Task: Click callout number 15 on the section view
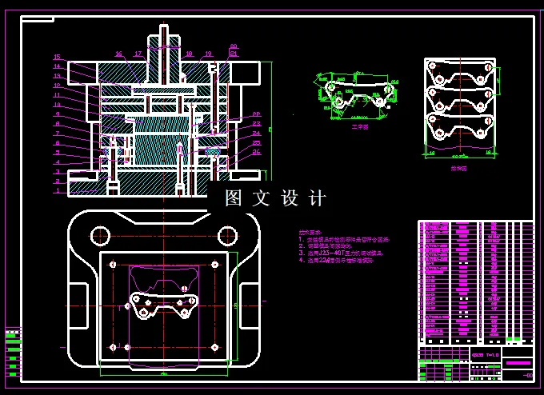[57, 57]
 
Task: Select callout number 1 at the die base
[57, 192]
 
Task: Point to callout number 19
[208, 54]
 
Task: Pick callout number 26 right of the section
[256, 152]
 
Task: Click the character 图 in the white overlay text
[234, 199]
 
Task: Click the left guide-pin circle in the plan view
[100, 235]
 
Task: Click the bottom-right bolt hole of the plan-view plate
[214, 347]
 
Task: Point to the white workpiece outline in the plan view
[164, 305]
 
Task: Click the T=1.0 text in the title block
[487, 354]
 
